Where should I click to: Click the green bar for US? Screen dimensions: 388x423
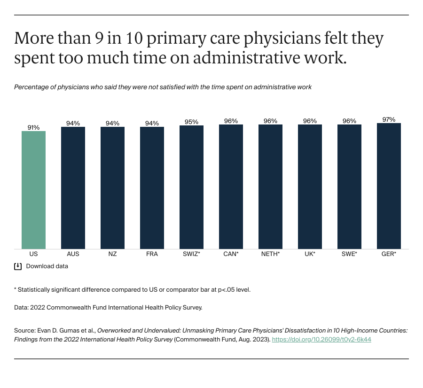coord(33,190)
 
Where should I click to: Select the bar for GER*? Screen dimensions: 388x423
coord(389,186)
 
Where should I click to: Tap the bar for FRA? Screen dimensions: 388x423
coord(152,188)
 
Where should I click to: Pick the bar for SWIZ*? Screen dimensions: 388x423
coord(191,187)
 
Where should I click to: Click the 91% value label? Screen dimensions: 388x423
coord(33,127)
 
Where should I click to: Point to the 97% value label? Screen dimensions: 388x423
coord(389,119)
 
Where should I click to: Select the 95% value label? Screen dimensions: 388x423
coord(191,122)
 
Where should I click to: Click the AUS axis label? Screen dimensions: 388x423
coord(73,254)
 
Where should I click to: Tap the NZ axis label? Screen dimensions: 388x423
coord(112,254)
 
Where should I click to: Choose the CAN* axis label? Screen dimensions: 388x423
coord(231,254)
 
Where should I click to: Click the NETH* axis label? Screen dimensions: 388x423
coord(270,254)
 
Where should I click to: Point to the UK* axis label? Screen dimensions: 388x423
coord(310,254)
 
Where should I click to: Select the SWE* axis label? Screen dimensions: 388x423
coord(349,254)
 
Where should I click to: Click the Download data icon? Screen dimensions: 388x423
coord(18,266)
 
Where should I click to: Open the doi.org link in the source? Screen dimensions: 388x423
coord(321,339)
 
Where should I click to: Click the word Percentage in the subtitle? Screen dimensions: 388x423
coord(31,87)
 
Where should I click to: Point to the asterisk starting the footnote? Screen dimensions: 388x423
coord(16,289)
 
